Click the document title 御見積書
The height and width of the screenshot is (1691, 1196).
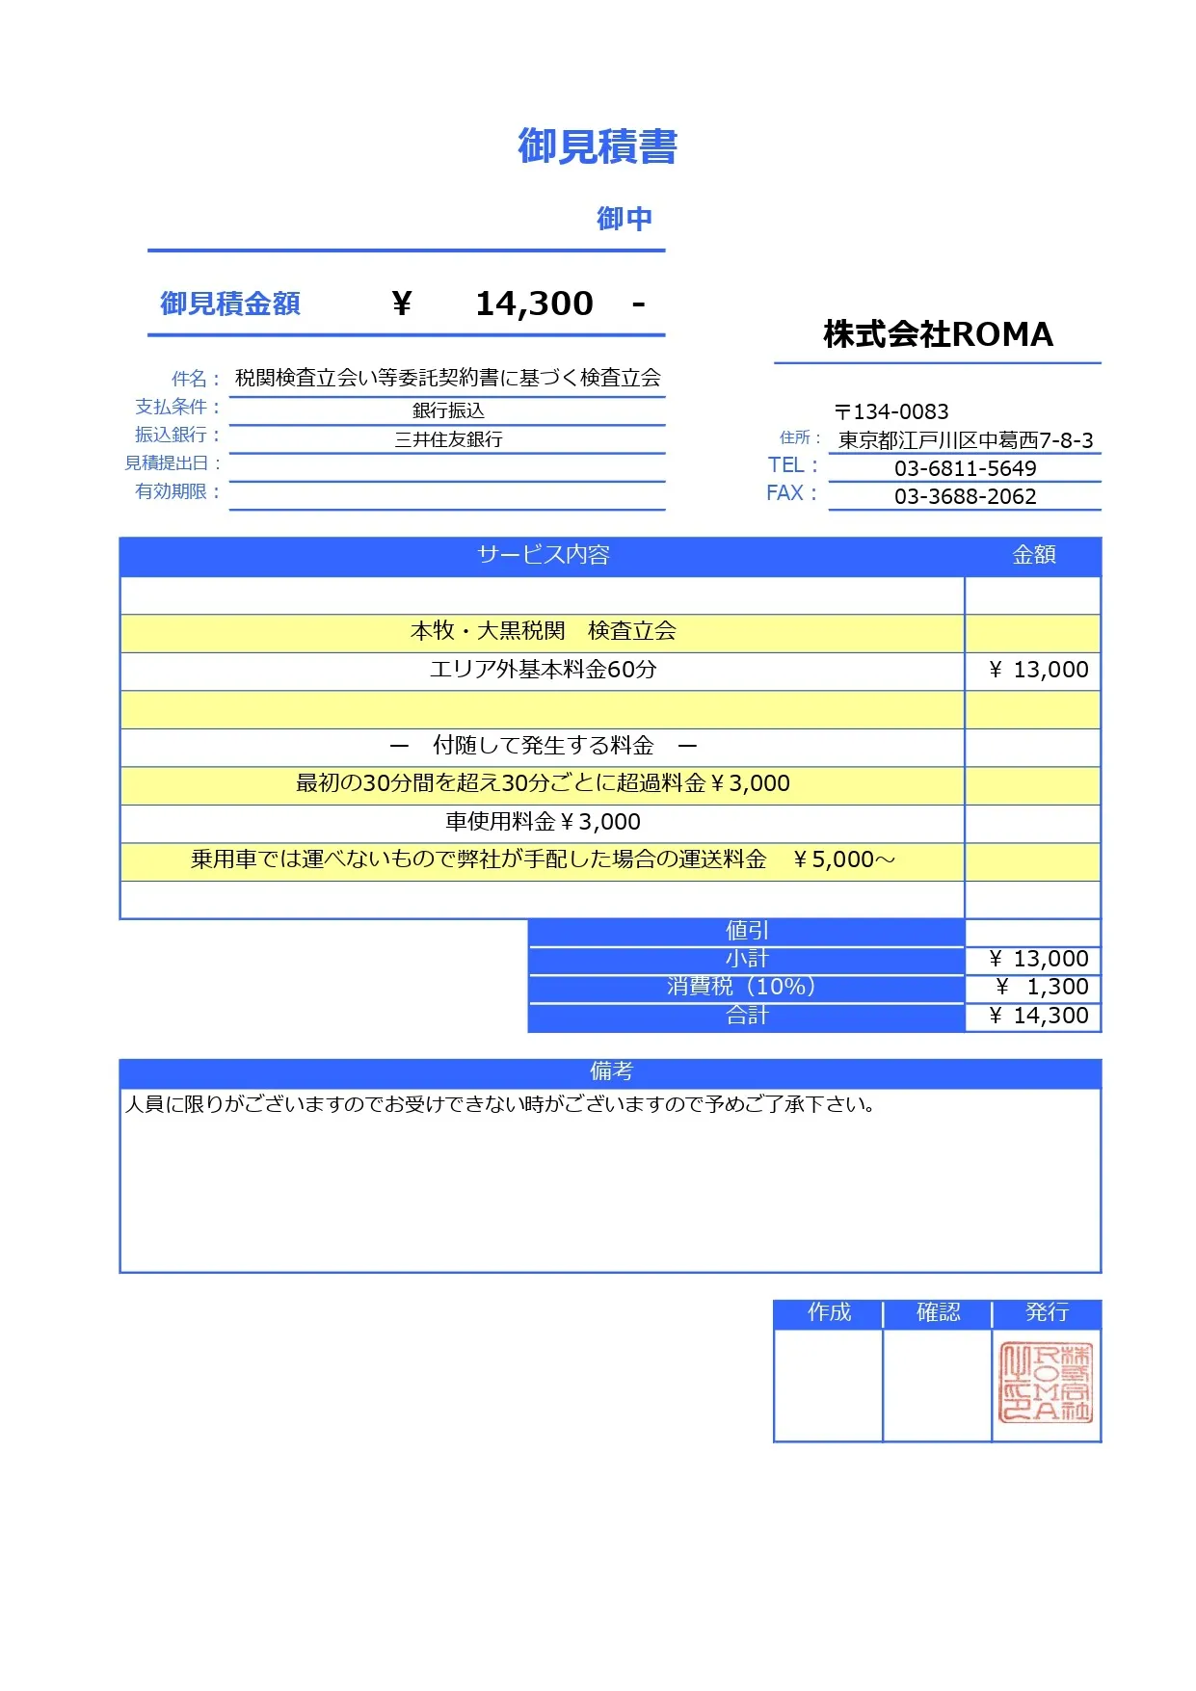tap(598, 146)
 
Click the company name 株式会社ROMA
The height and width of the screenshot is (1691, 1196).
tap(938, 334)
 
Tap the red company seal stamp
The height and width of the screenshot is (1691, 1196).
tap(1046, 1383)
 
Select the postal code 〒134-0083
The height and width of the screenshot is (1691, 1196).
tap(891, 411)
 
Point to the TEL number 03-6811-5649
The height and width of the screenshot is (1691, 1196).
tap(965, 468)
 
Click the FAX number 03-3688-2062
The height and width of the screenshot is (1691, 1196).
tap(965, 496)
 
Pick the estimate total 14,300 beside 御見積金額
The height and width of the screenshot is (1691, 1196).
tap(534, 304)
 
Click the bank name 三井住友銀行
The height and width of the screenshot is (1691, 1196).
tap(448, 439)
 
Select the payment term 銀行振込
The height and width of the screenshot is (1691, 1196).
tap(448, 410)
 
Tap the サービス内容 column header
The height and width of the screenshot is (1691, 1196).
tap(544, 555)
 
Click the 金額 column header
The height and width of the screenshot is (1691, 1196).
tap(1033, 555)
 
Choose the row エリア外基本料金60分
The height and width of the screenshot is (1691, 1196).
tap(543, 670)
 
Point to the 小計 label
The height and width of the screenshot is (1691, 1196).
tap(747, 959)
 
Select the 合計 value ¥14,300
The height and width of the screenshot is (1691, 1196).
tap(1039, 1016)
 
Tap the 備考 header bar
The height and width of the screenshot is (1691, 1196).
tap(610, 1071)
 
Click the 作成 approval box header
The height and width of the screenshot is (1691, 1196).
tap(829, 1312)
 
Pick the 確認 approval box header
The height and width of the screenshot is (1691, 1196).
tap(938, 1312)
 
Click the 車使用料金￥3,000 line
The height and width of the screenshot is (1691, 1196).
tap(543, 822)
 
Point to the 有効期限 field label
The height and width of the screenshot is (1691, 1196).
tap(172, 491)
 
